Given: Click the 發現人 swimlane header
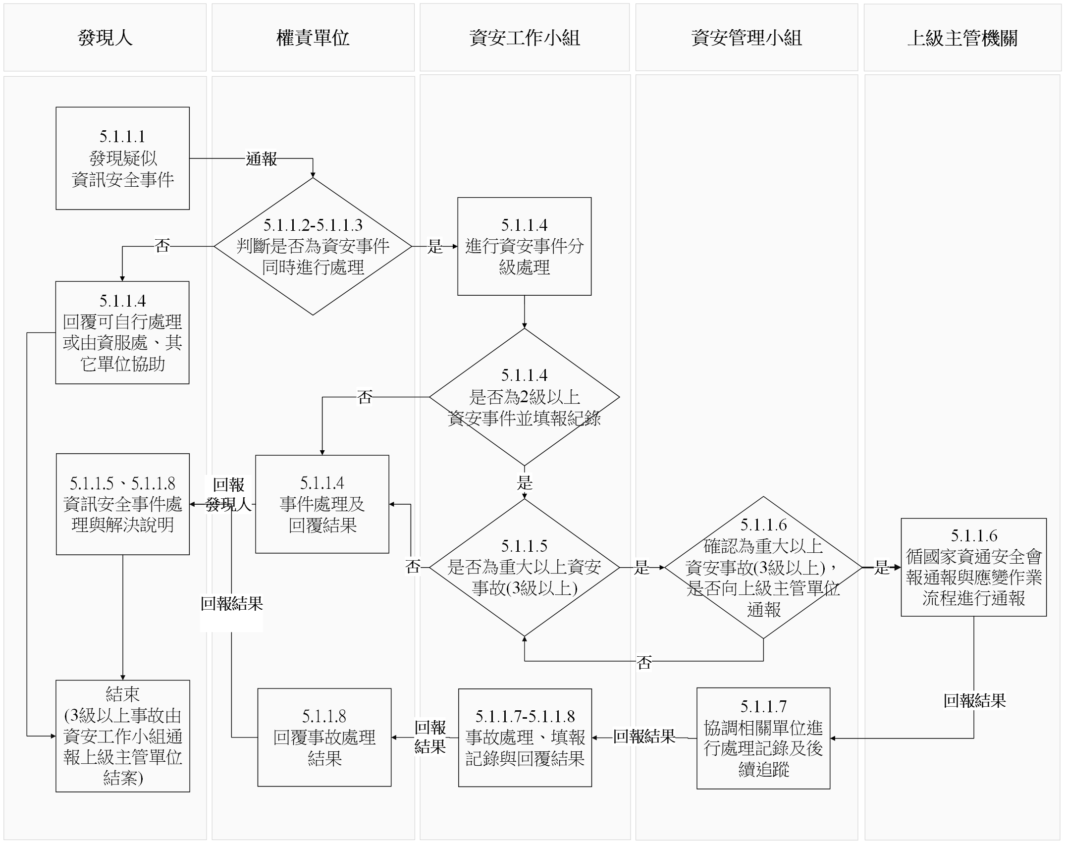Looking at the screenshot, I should (x=105, y=38).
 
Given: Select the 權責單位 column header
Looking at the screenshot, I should (x=313, y=38).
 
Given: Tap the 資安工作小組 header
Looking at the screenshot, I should (x=524, y=38).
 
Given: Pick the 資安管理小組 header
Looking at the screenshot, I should (x=746, y=38).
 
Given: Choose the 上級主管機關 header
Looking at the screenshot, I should (x=962, y=38).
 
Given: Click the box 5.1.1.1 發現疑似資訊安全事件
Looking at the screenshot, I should (x=122, y=158).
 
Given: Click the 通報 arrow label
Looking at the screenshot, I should (x=261, y=159).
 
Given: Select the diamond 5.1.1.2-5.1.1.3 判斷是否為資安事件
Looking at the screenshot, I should (x=313, y=246).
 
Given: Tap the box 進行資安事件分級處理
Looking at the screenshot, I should (x=524, y=246).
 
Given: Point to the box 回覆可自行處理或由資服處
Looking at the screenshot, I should (x=122, y=332).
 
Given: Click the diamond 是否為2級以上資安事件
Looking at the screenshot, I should (x=524, y=397).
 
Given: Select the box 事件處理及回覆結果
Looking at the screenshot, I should (x=322, y=504).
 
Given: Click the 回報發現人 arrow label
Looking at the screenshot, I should (x=228, y=494).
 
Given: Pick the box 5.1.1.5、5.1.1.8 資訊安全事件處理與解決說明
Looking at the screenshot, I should (x=122, y=504).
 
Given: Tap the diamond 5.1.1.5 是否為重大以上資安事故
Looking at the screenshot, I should (x=524, y=567).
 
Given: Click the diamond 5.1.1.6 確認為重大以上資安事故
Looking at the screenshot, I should (x=763, y=567).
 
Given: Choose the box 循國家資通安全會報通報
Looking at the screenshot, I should (x=973, y=567).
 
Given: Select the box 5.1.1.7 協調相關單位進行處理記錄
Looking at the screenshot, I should (x=763, y=738).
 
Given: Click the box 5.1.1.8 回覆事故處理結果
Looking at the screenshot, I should (x=324, y=737).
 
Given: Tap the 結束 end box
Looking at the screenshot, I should (x=122, y=736).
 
